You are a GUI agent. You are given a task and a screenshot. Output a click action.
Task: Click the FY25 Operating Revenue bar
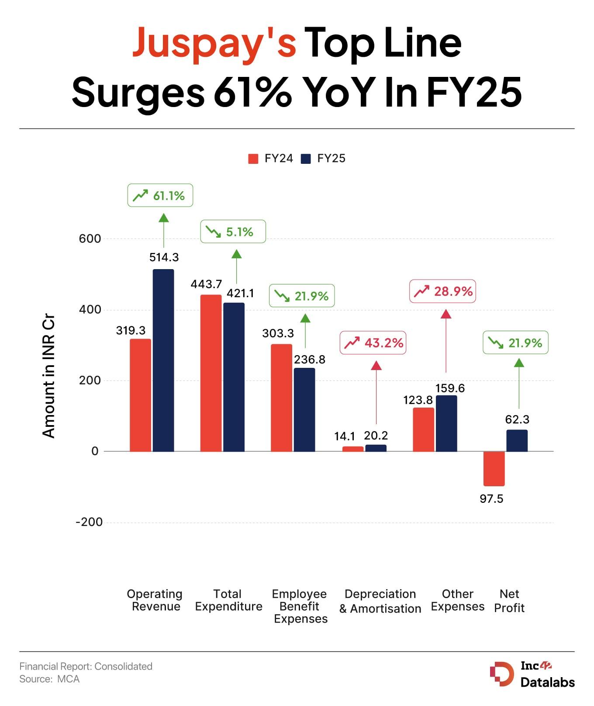click(163, 360)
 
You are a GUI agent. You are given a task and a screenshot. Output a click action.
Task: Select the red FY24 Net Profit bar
click(494, 468)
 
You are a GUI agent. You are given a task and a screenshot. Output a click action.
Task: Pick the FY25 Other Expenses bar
click(446, 423)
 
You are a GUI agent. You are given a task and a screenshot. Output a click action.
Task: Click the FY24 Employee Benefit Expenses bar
click(281, 398)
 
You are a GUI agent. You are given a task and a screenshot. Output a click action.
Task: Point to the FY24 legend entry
click(271, 159)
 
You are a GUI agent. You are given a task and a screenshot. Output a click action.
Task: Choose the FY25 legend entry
click(324, 159)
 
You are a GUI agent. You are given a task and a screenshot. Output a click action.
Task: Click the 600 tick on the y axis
click(90, 239)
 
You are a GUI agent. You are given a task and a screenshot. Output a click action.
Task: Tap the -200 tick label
click(89, 522)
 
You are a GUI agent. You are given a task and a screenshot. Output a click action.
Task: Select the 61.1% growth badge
click(160, 195)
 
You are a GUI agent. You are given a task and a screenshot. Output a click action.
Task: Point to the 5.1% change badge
click(233, 232)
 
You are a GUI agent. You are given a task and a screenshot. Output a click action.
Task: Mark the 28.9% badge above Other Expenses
click(442, 291)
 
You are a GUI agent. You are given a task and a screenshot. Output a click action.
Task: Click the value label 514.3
click(164, 258)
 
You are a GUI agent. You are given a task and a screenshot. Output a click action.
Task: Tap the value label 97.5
click(491, 499)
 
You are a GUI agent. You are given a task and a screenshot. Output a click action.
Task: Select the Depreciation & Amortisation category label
click(380, 601)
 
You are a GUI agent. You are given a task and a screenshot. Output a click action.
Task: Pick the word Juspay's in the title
click(214, 43)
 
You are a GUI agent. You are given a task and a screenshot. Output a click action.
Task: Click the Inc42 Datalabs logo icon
click(502, 674)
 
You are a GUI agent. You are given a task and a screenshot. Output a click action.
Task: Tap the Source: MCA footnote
click(49, 679)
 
